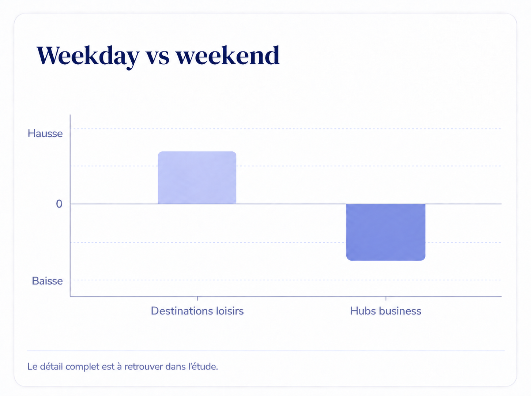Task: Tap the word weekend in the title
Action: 227,56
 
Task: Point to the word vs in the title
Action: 158,58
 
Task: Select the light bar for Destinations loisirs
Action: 197,178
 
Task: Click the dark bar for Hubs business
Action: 385,232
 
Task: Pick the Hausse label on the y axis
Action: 45,133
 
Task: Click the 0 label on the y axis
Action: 59,204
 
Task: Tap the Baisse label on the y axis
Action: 47,281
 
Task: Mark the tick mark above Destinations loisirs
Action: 197,298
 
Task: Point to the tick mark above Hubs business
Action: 386,298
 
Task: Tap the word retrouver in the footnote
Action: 144,367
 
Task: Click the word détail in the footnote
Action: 51,366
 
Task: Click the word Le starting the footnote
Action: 33,366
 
